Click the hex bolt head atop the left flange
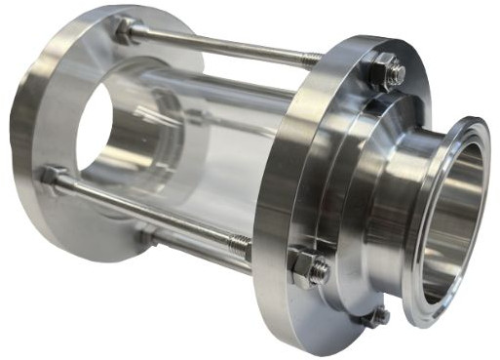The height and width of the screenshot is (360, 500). coord(124,31)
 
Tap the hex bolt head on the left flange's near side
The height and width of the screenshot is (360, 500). coord(51,177)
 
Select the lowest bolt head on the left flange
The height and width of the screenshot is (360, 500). coord(146,237)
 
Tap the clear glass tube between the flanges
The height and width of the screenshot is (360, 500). coord(234,127)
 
